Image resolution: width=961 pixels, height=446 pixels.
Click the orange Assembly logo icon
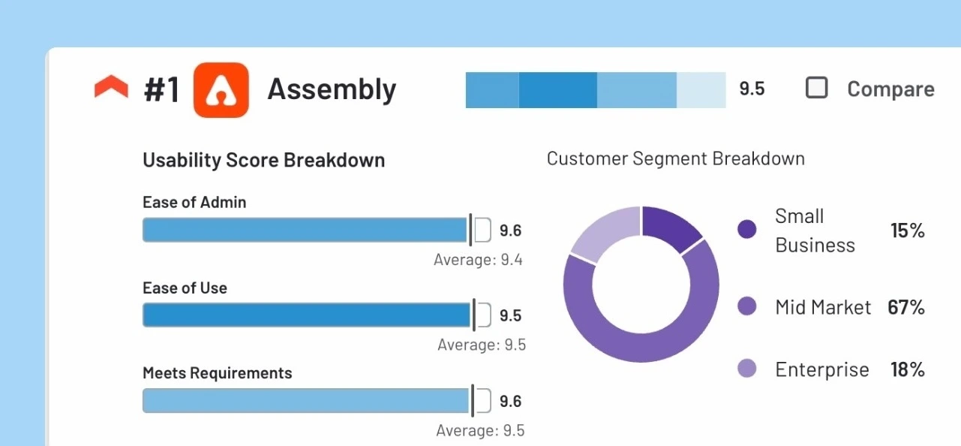point(221,90)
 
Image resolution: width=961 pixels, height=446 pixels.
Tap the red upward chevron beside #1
point(112,88)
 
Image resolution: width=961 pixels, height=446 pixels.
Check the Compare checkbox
point(816,88)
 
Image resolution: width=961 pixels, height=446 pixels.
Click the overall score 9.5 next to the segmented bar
point(752,89)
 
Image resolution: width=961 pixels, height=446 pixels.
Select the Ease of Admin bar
point(305,230)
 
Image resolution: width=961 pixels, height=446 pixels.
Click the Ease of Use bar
point(306,315)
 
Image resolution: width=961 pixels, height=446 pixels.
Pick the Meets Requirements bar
point(305,401)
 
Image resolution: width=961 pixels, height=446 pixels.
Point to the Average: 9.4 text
point(478,260)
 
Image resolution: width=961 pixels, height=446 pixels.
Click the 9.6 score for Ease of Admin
point(510,231)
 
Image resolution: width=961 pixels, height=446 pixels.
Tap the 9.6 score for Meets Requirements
point(510,402)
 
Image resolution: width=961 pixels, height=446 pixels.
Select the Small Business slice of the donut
point(669,228)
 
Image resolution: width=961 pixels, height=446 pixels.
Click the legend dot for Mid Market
point(747,306)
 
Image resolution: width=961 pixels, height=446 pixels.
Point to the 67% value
point(906,307)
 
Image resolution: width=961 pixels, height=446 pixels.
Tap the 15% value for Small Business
point(908,231)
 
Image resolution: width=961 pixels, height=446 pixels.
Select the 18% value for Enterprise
point(907,369)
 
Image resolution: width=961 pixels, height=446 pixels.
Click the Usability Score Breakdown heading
point(263,160)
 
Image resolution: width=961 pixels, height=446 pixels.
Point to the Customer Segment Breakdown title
point(675,158)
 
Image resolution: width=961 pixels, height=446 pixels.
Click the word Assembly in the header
point(332,89)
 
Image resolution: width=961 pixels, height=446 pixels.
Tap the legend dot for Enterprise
point(747,369)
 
